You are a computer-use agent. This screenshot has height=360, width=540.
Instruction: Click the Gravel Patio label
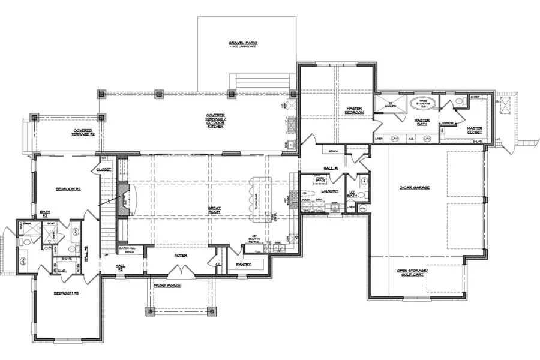(243, 44)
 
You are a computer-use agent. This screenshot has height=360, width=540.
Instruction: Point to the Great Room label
(214, 211)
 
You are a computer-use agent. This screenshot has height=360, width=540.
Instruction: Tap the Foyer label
(181, 255)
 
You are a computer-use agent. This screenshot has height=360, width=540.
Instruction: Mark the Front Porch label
(167, 286)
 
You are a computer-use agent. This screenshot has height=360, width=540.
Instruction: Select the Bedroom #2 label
(68, 189)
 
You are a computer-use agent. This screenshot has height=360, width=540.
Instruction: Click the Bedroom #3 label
(67, 293)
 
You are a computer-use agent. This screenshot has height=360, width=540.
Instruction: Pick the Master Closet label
(475, 130)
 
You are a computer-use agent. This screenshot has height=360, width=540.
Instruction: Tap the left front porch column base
(150, 310)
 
